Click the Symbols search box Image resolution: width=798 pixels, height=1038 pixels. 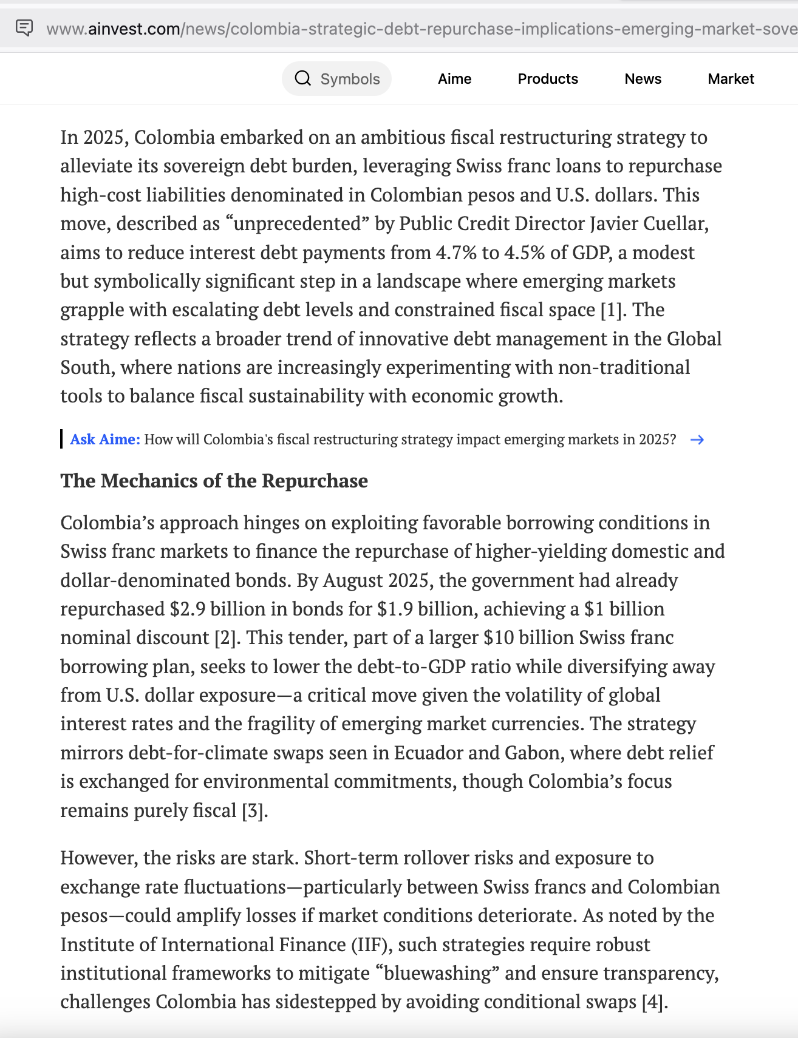(337, 79)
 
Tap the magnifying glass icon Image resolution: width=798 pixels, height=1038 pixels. (302, 79)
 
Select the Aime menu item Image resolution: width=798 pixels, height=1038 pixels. (454, 79)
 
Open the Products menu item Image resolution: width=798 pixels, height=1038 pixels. (547, 79)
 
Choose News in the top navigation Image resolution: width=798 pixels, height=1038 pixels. (643, 79)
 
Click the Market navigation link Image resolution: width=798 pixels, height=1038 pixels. (731, 79)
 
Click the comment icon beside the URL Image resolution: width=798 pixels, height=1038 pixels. (24, 28)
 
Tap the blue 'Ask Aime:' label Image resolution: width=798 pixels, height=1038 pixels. (105, 439)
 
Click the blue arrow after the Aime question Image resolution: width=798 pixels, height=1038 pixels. (697, 440)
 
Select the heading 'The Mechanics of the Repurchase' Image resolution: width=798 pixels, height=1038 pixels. (214, 481)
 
